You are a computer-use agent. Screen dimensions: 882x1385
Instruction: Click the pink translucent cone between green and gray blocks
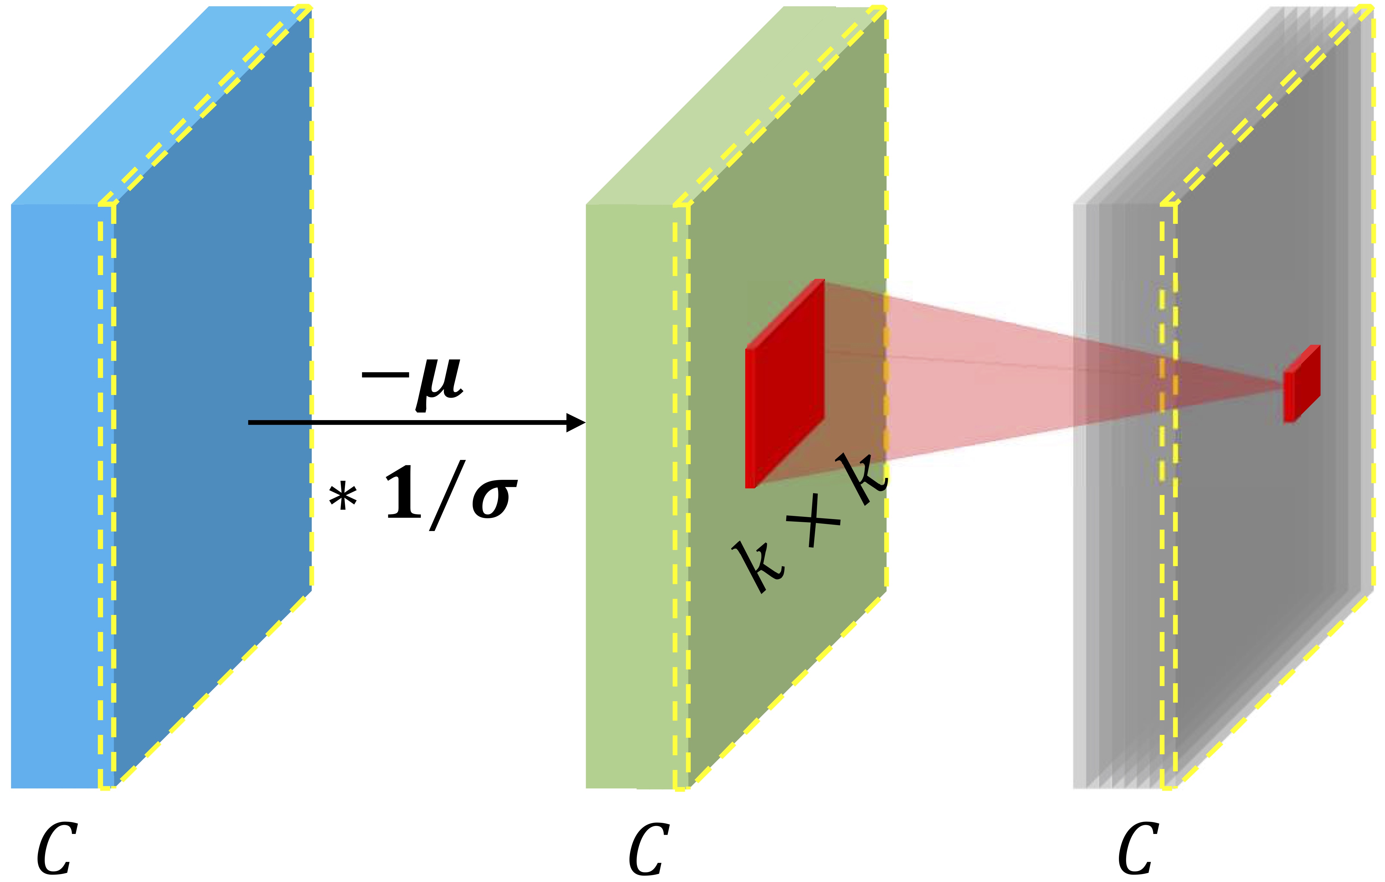point(978,379)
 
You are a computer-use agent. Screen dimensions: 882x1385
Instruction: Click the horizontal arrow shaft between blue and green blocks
point(403,423)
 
